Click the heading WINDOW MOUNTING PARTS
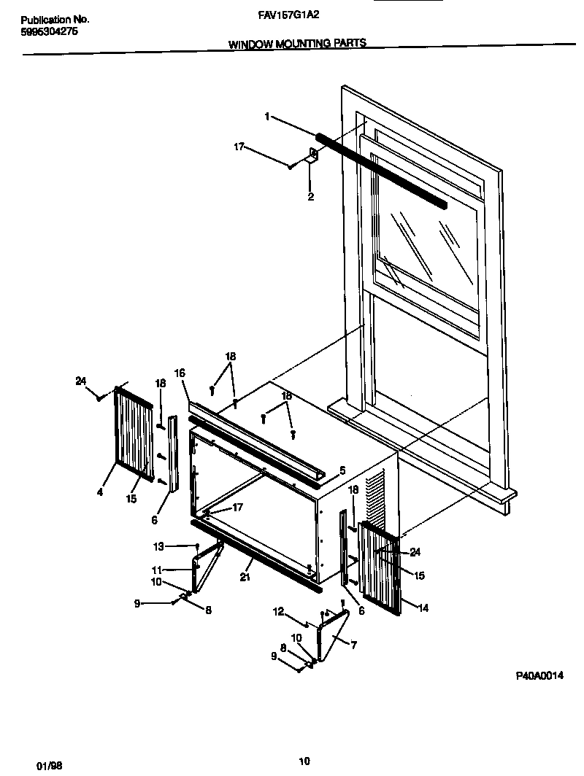coord(297,44)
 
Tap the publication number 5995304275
coord(47,32)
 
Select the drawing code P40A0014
coord(540,676)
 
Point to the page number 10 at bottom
coord(305,762)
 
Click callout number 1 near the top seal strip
coord(268,117)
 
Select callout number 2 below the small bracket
coord(310,197)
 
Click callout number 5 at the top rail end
coord(342,470)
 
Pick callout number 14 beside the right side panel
coord(423,607)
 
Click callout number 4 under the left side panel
coord(99,492)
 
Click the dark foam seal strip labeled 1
coord(380,169)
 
